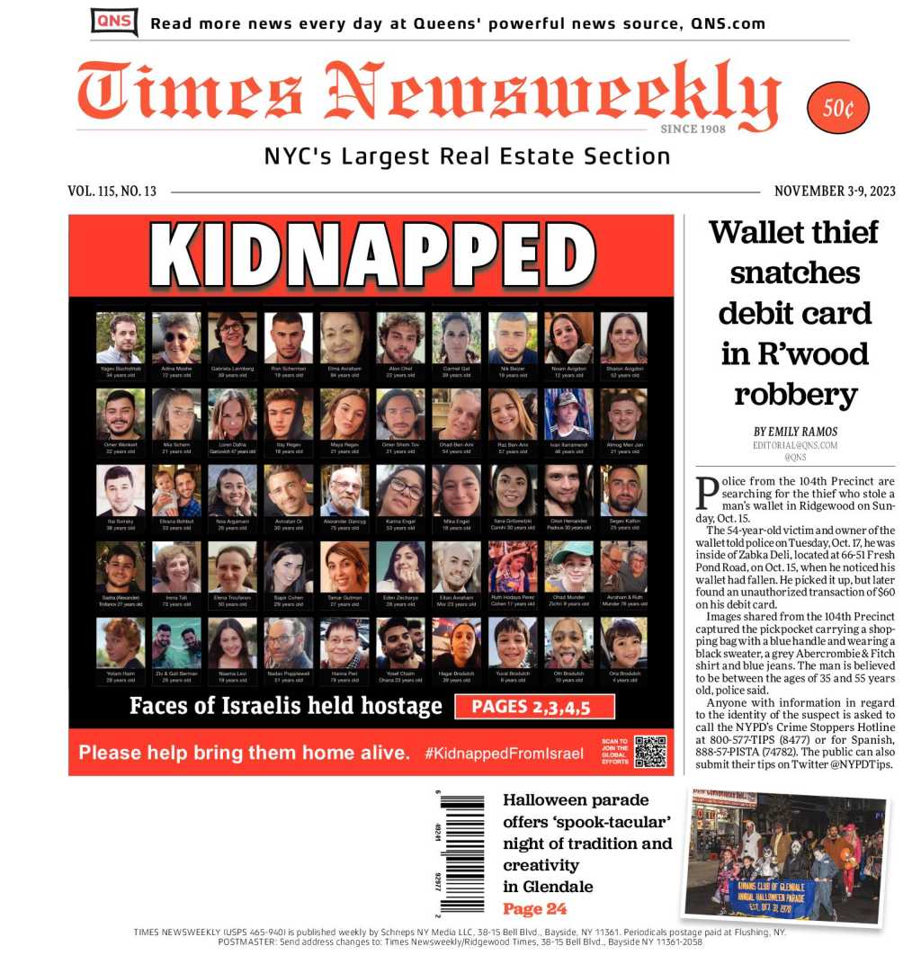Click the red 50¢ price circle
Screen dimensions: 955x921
pyautogui.click(x=837, y=108)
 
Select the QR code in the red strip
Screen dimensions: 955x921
pyautogui.click(x=649, y=751)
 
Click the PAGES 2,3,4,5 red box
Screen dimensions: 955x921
pyautogui.click(x=534, y=707)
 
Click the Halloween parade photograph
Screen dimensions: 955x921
pyautogui.click(x=785, y=855)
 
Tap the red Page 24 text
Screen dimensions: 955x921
pyautogui.click(x=535, y=908)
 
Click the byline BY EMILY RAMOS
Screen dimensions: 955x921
pyautogui.click(x=795, y=432)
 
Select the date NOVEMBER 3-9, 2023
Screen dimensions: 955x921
pyautogui.click(x=835, y=191)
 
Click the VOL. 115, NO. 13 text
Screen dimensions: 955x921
pyautogui.click(x=112, y=191)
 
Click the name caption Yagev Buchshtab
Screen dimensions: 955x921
pyautogui.click(x=120, y=368)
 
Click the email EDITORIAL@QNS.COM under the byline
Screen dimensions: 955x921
pyautogui.click(x=795, y=445)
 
